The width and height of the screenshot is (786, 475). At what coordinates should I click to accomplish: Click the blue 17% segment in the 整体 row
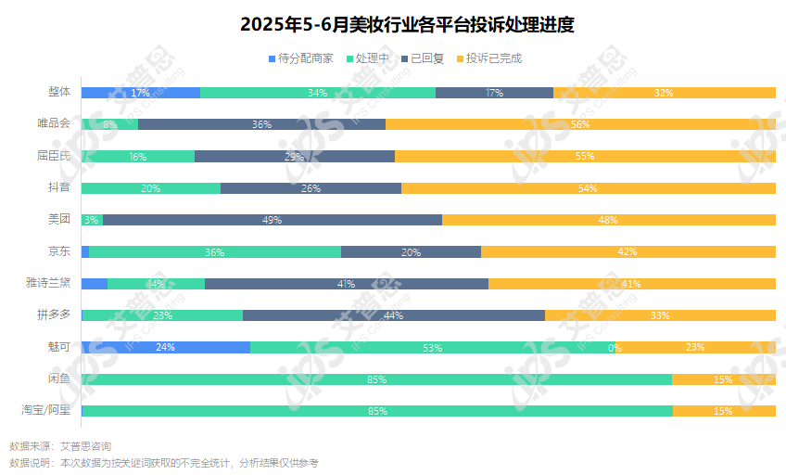tap(141, 93)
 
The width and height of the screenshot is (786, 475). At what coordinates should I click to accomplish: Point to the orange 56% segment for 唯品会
tap(580, 124)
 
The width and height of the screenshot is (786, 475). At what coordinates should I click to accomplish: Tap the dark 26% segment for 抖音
tap(311, 188)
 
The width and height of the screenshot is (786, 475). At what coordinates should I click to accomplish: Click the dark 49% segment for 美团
tap(272, 220)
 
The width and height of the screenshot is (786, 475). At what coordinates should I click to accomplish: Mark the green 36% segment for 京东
tap(215, 251)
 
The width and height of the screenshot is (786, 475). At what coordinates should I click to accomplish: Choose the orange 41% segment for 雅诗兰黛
tap(631, 284)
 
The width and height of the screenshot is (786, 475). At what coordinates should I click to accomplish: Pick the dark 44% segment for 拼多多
tap(393, 315)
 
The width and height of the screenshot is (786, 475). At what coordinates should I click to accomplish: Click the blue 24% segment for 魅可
tap(165, 347)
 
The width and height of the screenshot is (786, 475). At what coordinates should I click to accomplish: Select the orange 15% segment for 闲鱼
tap(723, 379)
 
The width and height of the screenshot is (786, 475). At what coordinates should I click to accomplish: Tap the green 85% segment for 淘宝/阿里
tap(377, 411)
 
